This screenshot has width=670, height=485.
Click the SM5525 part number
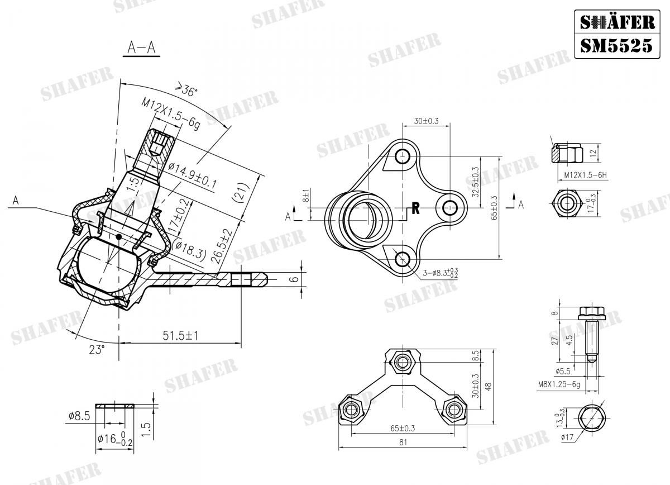pyautogui.click(x=616, y=46)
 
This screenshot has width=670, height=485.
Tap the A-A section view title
pyautogui.click(x=141, y=47)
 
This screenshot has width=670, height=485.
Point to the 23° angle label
pyautogui.click(x=97, y=350)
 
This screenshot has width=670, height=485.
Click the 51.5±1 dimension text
pyautogui.click(x=180, y=336)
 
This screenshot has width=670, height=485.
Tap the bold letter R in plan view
pyautogui.click(x=415, y=208)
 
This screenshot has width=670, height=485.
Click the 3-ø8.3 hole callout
pyautogui.click(x=441, y=273)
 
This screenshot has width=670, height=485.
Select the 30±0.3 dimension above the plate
pyautogui.click(x=426, y=121)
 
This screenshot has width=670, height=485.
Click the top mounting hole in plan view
pyautogui.click(x=403, y=156)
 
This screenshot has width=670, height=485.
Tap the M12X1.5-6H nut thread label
pyautogui.click(x=585, y=175)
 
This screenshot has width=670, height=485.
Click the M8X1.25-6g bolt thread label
pyautogui.click(x=559, y=384)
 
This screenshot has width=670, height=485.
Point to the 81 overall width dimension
pyautogui.click(x=403, y=442)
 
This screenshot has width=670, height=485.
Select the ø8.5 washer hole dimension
pyautogui.click(x=79, y=416)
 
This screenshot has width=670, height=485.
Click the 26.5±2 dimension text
pyautogui.click(x=221, y=246)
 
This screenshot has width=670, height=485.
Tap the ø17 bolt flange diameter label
pyautogui.click(x=567, y=438)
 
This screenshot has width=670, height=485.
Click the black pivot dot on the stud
pyautogui.click(x=119, y=237)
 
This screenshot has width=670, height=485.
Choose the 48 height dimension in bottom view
pyautogui.click(x=489, y=387)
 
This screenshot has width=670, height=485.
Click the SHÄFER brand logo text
pyautogui.click(x=617, y=22)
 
